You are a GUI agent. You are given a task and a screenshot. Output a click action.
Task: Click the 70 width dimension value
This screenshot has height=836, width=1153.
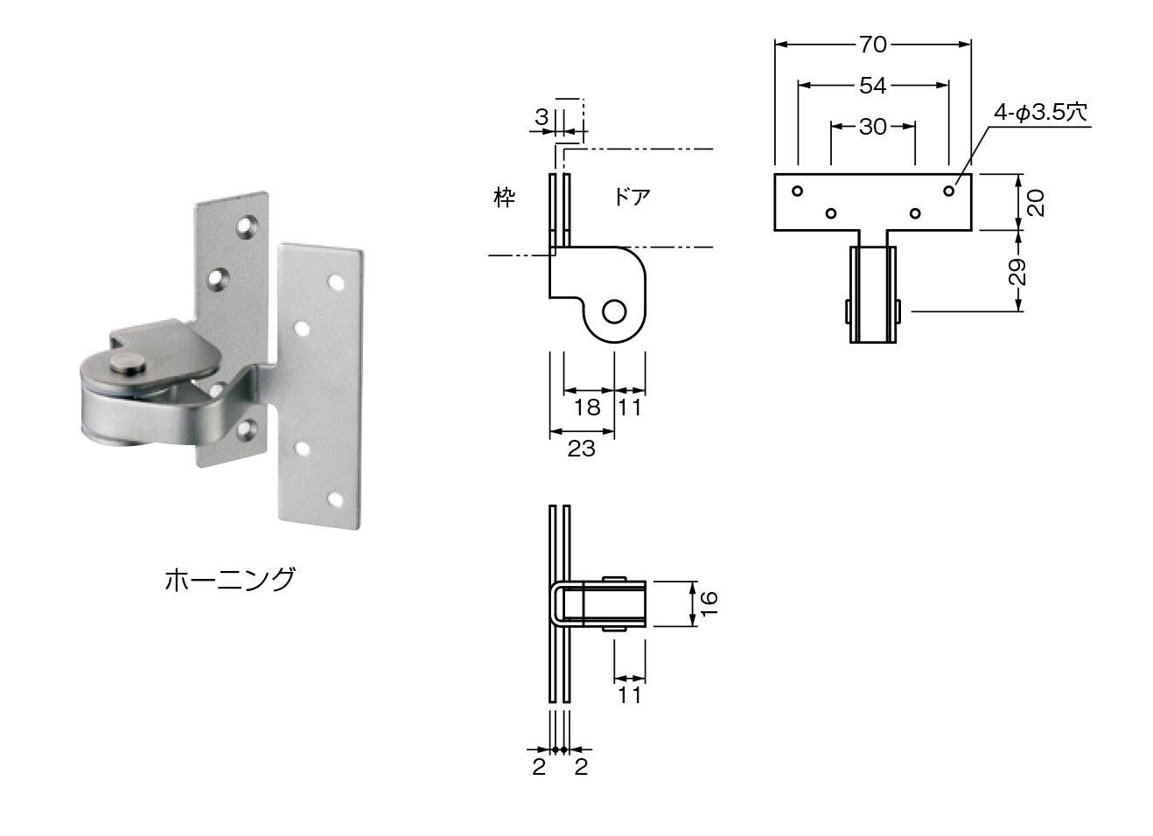872,44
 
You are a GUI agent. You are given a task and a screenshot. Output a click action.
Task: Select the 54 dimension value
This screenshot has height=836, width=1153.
872,85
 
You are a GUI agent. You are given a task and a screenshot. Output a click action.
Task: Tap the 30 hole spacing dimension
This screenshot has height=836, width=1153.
872,127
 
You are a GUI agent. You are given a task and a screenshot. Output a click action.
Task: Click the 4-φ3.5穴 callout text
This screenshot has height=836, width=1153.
1039,112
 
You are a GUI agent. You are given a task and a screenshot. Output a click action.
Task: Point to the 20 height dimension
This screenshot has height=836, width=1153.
1035,202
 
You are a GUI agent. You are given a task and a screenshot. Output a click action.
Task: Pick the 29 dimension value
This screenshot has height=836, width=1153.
1017,271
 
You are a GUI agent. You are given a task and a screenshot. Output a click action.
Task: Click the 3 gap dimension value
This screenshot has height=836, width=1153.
542,116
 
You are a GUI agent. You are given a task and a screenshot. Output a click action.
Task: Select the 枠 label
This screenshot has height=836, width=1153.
504,198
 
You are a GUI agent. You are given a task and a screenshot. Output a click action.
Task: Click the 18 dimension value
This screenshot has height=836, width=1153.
588,408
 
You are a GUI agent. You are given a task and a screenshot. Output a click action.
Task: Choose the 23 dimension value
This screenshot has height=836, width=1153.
581,449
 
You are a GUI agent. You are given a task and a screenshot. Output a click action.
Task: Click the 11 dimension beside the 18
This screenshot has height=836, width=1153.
630,408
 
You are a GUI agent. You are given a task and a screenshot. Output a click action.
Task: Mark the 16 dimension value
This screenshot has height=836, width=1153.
709,603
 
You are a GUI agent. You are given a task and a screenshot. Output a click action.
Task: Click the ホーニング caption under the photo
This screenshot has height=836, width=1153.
229,579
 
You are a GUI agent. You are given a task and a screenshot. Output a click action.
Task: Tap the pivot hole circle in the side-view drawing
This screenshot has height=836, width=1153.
615,311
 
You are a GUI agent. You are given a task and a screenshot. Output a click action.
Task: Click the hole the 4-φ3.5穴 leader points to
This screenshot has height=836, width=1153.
949,190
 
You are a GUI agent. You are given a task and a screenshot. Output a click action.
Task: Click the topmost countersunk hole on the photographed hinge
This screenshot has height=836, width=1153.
248,226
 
